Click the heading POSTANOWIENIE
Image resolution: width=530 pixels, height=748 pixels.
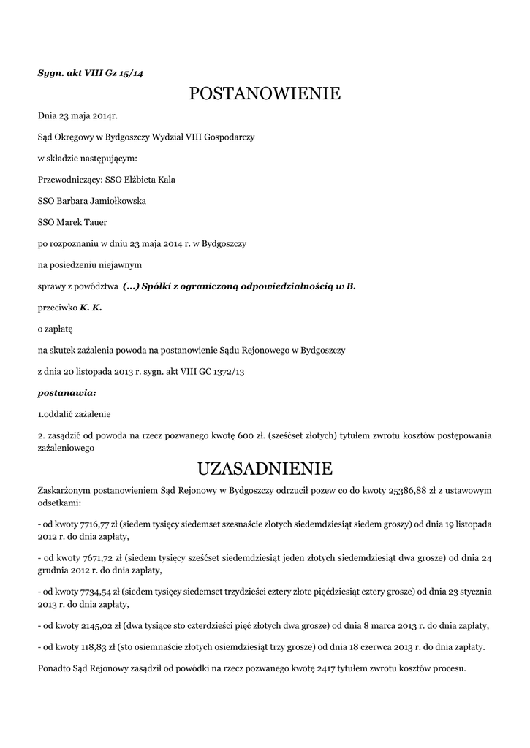[265, 93]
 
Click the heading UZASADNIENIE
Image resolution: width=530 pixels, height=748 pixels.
[265, 467]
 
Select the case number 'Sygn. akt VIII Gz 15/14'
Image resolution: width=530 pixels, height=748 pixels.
[90, 72]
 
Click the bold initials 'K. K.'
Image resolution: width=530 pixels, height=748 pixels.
[91, 308]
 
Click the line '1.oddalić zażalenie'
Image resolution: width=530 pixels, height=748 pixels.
[74, 414]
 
